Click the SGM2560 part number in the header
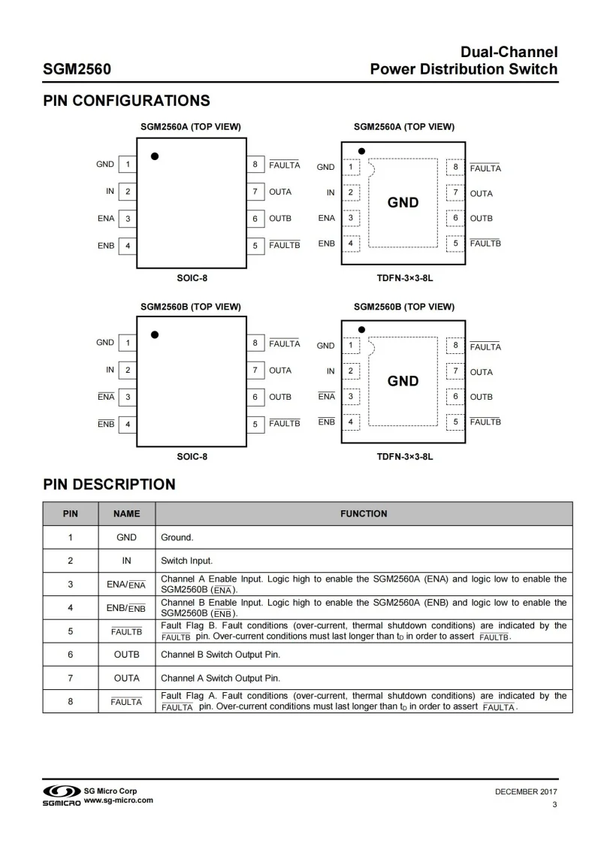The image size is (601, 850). [77, 70]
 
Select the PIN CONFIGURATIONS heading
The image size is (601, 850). [126, 101]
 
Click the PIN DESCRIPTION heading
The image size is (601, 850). [109, 484]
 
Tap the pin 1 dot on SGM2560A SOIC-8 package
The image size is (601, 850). [155, 156]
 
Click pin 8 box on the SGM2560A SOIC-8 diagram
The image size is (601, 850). [255, 165]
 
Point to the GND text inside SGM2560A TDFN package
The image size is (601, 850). [403, 203]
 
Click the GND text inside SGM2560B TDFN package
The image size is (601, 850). [403, 381]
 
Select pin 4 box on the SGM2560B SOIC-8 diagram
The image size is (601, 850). [128, 424]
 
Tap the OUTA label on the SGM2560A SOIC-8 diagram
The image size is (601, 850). [280, 192]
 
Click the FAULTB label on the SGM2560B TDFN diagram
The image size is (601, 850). [485, 422]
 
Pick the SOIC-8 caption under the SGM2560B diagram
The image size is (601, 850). [192, 456]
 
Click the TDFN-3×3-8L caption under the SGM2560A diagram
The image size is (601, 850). [405, 278]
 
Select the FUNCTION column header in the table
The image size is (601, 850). [364, 514]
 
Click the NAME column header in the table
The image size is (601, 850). [126, 514]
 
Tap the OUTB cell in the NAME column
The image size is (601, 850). [126, 655]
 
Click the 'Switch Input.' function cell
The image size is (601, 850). [186, 561]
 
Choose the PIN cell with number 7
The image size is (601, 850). [70, 678]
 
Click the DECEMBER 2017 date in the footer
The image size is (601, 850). [526, 791]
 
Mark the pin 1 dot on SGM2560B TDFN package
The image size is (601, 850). [362, 329]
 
